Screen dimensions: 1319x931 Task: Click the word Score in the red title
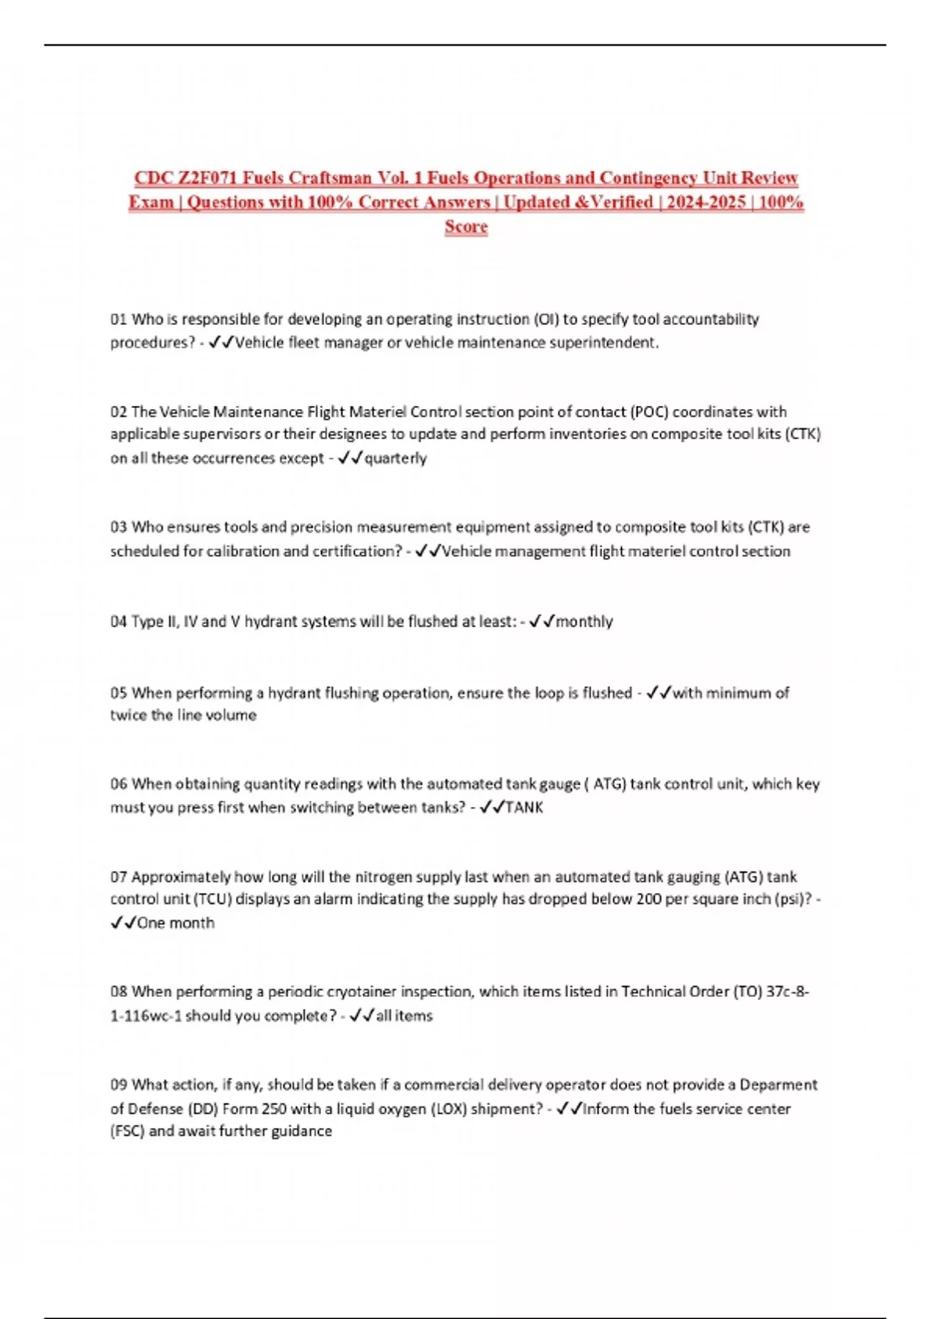pyautogui.click(x=466, y=227)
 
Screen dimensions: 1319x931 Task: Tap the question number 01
pyautogui.click(x=119, y=319)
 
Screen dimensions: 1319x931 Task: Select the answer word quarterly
pyautogui.click(x=396, y=458)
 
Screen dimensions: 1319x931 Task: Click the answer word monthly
pyautogui.click(x=584, y=621)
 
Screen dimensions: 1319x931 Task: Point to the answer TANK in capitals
pyautogui.click(x=524, y=808)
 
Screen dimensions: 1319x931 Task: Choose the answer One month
pyautogui.click(x=175, y=923)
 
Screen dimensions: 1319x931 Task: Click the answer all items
pyautogui.click(x=404, y=1016)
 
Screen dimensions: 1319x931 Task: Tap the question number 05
pyautogui.click(x=119, y=693)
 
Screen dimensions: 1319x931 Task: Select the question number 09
pyautogui.click(x=119, y=1085)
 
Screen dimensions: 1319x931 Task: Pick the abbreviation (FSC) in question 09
pyautogui.click(x=127, y=1131)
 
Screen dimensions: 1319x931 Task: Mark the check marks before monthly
pyautogui.click(x=542, y=621)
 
